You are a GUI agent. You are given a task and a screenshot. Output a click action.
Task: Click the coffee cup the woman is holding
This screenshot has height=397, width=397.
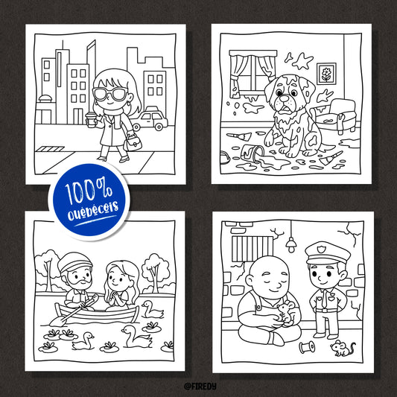click(x=90, y=119)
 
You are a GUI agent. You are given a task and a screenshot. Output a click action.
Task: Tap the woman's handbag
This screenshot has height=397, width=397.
click(x=133, y=142)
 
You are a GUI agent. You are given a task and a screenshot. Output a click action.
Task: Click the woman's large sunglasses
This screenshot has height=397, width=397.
click(x=110, y=94)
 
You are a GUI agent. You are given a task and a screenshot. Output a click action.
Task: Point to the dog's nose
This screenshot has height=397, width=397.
click(x=285, y=98)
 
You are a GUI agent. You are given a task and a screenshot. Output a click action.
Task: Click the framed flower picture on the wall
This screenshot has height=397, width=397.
click(x=326, y=74)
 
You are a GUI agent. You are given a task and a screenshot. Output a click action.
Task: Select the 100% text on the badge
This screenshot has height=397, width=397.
click(x=89, y=191)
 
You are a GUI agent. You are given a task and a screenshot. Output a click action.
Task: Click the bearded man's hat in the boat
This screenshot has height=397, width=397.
click(x=74, y=261)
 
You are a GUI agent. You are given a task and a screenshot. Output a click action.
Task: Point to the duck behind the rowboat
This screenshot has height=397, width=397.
click(x=153, y=310)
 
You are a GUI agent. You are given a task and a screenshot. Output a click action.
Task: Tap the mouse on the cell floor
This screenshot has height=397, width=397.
click(x=343, y=348)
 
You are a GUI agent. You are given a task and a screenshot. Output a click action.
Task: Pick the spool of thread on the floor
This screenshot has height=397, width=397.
click(x=307, y=347)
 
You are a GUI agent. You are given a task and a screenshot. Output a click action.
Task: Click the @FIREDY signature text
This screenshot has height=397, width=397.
click(x=200, y=386)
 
